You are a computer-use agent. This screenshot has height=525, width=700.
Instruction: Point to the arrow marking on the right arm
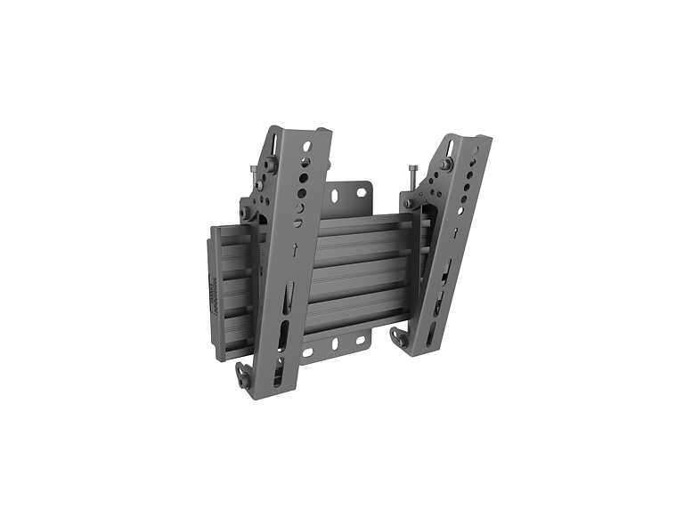[x=453, y=233]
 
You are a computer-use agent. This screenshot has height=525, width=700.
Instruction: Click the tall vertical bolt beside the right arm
[x=413, y=182]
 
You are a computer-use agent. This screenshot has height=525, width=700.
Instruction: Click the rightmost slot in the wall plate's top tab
[x=362, y=191]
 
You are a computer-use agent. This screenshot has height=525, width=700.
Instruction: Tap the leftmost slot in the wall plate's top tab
[x=333, y=196]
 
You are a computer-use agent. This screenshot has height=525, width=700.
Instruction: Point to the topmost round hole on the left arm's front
[x=307, y=145]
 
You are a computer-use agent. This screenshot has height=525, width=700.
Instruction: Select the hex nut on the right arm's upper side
[x=444, y=165]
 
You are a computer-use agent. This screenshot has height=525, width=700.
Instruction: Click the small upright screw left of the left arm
[x=254, y=171]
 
